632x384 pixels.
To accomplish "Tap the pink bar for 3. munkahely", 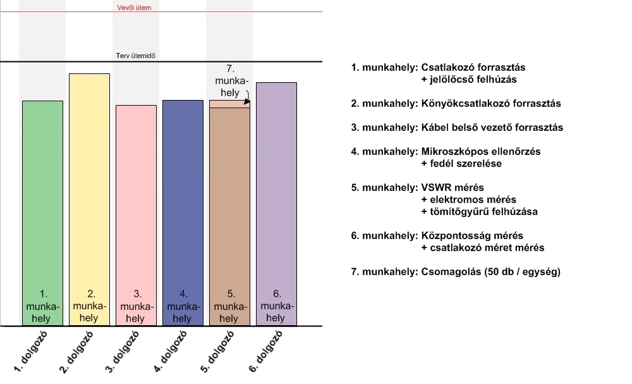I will click(136, 196).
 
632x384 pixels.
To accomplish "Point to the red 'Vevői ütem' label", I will click(135, 8).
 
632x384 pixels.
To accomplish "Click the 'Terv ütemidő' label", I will click(136, 56).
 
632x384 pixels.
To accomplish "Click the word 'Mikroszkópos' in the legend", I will click(450, 152).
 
